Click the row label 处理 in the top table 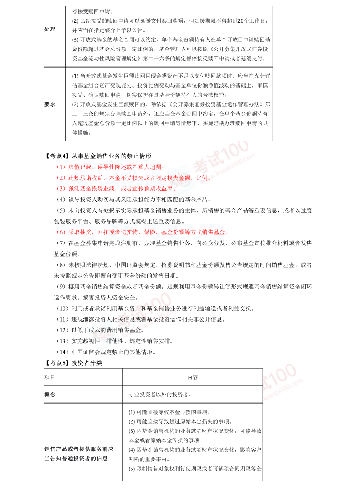(50, 29)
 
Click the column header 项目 (50, 377)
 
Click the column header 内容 (192, 377)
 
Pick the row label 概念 (50, 395)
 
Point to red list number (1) (61, 166)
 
